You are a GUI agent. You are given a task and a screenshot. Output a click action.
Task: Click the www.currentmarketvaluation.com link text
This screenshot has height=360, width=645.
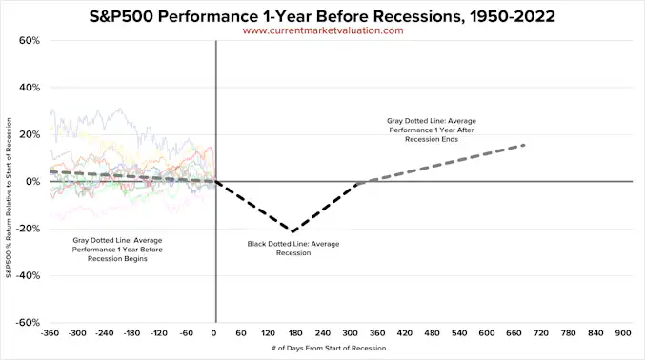point(323,30)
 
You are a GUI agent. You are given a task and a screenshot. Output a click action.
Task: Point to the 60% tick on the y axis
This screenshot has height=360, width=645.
point(29,41)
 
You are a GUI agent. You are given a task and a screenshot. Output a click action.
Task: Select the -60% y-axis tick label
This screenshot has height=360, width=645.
point(27,323)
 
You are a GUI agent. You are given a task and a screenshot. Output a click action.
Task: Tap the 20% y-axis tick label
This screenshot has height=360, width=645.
point(29,134)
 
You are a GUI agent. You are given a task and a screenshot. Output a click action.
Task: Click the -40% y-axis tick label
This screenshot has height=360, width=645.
point(27,276)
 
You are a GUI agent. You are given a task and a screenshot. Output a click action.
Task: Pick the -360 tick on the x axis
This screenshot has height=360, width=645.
point(52,334)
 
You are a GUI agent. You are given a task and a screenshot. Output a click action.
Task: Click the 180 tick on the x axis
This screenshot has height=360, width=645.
point(295,334)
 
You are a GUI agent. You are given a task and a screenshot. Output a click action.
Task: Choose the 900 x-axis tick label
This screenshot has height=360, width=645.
point(623,334)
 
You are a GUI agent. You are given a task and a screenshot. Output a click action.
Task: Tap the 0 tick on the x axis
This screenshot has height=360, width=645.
point(215,334)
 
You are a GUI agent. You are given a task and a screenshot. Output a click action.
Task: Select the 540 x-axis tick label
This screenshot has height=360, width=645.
point(459,334)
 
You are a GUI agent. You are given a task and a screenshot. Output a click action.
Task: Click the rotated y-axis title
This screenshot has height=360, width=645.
point(9,181)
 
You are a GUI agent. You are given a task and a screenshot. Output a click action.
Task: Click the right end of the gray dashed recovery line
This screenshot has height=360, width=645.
point(525,145)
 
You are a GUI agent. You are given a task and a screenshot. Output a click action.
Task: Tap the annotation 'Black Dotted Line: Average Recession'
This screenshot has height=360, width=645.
point(293,248)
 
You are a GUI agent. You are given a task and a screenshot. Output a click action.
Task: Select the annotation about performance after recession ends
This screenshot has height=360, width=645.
point(431,130)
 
